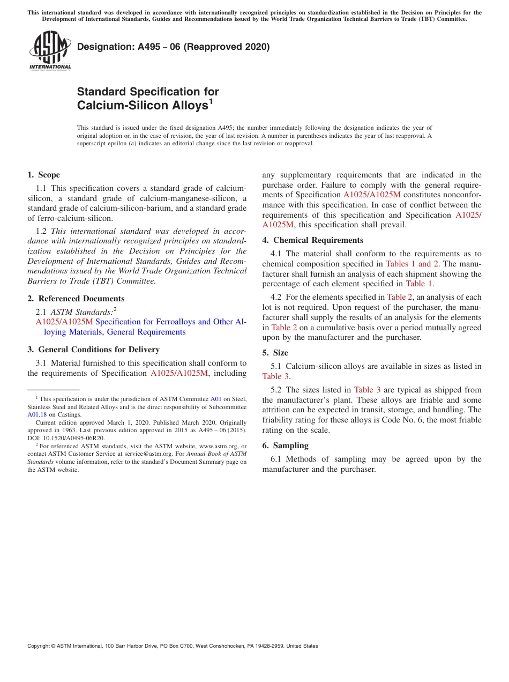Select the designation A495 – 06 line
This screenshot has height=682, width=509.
click(173, 47)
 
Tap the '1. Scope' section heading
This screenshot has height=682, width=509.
click(43, 175)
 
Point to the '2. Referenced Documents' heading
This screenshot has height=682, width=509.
click(76, 299)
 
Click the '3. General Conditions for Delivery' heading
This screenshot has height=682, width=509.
click(93, 350)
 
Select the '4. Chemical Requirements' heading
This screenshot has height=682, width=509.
click(312, 240)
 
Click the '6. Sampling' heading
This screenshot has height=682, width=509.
click(285, 446)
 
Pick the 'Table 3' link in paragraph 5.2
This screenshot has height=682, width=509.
click(367, 390)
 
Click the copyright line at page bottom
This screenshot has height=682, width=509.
click(173, 646)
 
